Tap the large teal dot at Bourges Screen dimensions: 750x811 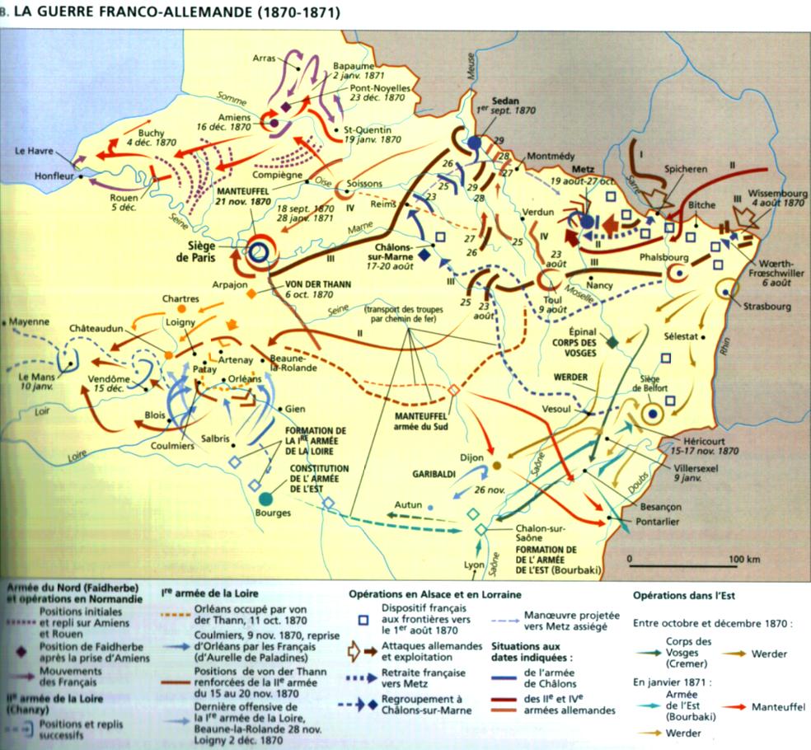[x=265, y=498]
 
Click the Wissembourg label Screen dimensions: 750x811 [x=776, y=195]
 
